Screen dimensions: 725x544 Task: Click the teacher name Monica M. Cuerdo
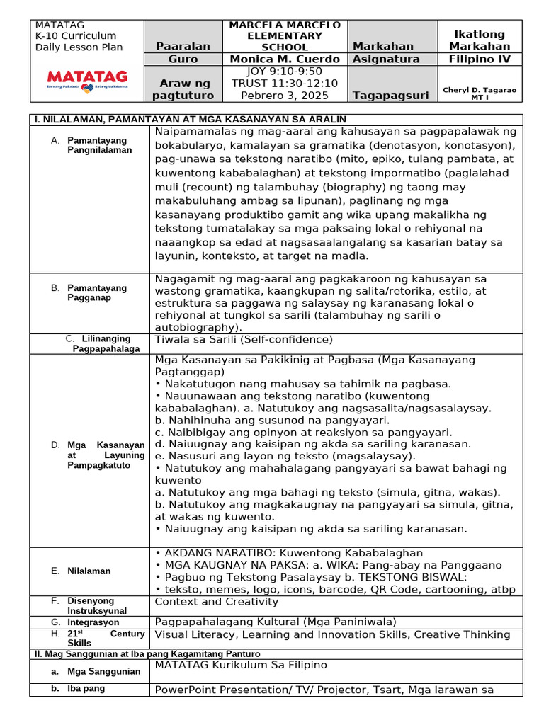coord(284,59)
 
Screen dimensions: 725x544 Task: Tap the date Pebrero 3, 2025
coord(284,95)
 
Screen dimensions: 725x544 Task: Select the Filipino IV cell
coord(478,59)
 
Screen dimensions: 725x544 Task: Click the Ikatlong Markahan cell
coord(478,40)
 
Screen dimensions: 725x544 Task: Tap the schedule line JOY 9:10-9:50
coord(284,71)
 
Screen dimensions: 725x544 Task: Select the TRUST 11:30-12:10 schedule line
coord(284,83)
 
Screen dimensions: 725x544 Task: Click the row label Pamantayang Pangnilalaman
coord(99,145)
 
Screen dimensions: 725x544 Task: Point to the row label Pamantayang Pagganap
coord(97,293)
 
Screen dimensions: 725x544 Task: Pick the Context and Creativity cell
coord(216,601)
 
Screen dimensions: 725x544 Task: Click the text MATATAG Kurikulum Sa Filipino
coord(241,665)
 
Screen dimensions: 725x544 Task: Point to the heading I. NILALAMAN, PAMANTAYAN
coord(191,119)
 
